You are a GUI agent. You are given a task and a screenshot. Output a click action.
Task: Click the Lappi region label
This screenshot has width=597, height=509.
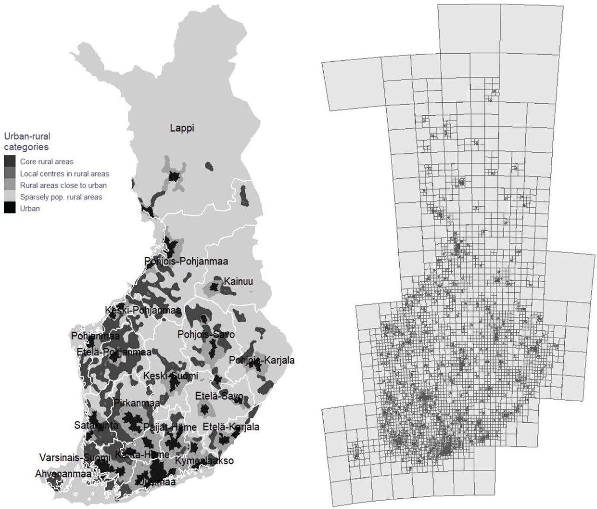(182, 128)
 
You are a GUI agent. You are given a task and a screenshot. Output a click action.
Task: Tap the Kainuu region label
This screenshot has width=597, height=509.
(238, 282)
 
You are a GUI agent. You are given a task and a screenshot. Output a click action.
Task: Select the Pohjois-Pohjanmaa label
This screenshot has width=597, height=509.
(186, 262)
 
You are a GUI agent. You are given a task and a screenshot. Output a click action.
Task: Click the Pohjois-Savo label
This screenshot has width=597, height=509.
(206, 334)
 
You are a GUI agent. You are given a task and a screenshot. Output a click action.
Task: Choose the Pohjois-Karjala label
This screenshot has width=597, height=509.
(262, 361)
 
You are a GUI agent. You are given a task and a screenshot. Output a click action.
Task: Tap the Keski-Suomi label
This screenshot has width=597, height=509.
(171, 376)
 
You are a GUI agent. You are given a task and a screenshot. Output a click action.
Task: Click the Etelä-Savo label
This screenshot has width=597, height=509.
(219, 396)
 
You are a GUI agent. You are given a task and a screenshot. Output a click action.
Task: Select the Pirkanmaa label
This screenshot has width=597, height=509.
(137, 403)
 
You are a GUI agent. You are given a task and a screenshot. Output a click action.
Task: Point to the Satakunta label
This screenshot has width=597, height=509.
(96, 425)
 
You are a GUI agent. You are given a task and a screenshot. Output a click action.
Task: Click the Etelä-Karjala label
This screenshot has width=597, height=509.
(231, 427)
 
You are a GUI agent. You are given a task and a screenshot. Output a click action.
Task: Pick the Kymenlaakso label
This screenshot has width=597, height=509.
(204, 461)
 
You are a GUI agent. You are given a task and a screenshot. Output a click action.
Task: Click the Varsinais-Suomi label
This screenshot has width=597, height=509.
(75, 457)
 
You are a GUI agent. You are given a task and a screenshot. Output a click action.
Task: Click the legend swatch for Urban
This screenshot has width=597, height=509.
(10, 209)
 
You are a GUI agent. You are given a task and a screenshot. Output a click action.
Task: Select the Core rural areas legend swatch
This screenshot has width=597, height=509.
(10, 162)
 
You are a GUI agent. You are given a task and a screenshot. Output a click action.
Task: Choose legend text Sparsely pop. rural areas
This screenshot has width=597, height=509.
(61, 197)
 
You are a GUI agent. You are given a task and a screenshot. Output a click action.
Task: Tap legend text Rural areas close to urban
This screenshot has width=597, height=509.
(63, 185)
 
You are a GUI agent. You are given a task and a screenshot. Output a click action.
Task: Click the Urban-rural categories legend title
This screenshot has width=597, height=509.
(27, 141)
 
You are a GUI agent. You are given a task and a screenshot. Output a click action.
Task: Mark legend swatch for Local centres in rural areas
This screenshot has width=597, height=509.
(10, 174)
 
